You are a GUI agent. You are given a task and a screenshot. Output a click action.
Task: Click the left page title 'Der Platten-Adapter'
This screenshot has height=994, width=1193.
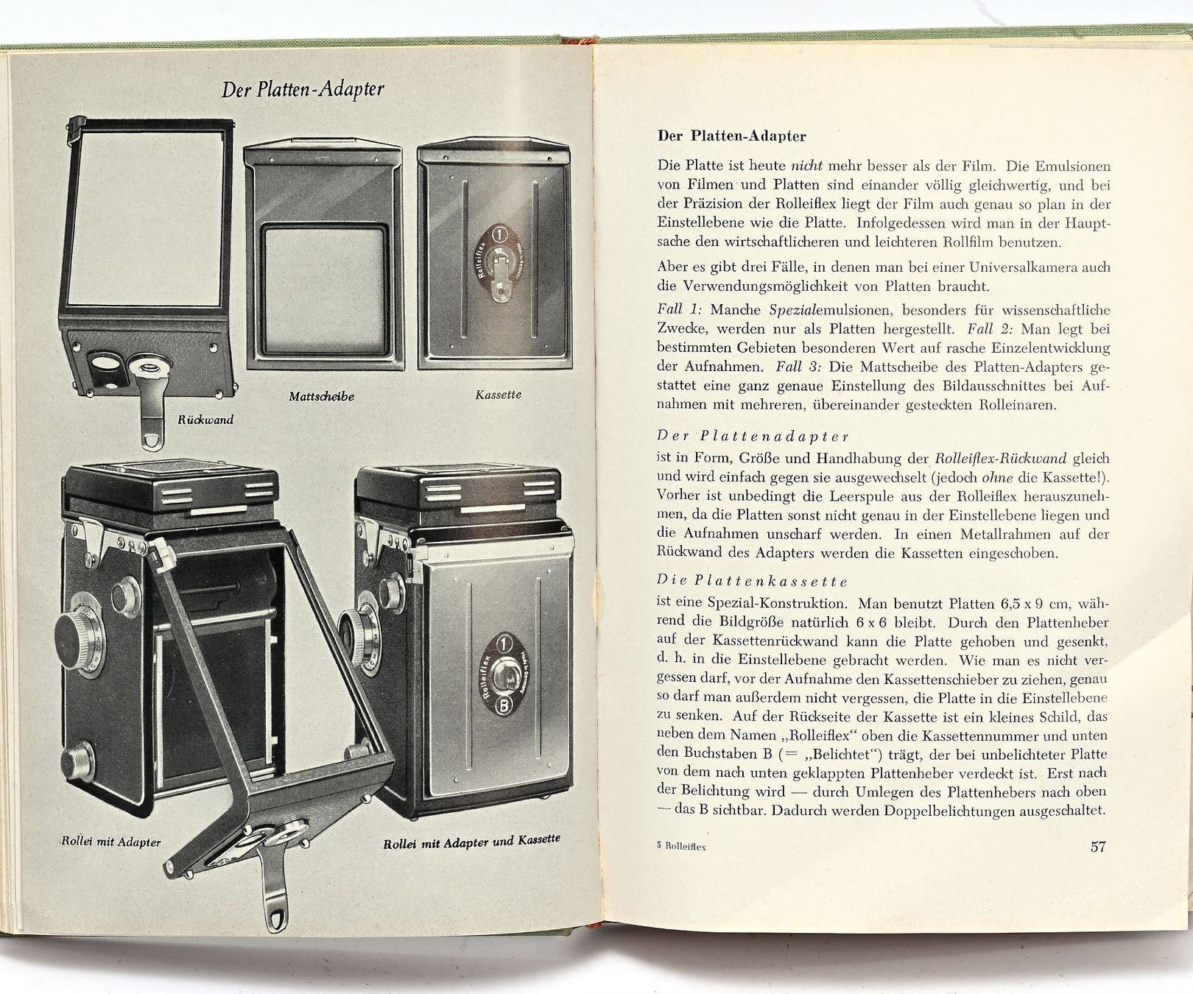[x=303, y=89]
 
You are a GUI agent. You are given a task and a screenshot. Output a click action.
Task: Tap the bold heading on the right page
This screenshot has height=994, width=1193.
[x=731, y=136]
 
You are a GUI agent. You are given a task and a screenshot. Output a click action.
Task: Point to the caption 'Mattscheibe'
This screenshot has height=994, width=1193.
[x=322, y=396]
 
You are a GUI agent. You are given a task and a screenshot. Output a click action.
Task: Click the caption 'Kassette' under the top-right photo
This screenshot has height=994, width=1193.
[x=499, y=395]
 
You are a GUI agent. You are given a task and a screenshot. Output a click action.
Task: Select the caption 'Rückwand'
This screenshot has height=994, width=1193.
[x=205, y=420]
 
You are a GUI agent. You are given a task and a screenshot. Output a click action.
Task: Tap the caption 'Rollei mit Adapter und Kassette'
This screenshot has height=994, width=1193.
[x=471, y=841]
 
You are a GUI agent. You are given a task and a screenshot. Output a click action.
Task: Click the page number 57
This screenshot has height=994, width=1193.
[x=1097, y=846]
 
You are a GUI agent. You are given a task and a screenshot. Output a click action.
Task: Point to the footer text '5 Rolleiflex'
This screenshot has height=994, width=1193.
[x=681, y=847]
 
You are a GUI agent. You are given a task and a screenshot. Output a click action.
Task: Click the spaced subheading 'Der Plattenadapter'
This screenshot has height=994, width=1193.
[x=753, y=436]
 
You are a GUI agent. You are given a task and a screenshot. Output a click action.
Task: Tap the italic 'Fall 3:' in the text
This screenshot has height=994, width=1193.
[x=800, y=366]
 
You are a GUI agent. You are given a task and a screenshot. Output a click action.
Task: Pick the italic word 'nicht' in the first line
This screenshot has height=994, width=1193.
[x=806, y=166]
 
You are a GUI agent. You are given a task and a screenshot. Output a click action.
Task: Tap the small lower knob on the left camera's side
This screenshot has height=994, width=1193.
[x=78, y=758]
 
